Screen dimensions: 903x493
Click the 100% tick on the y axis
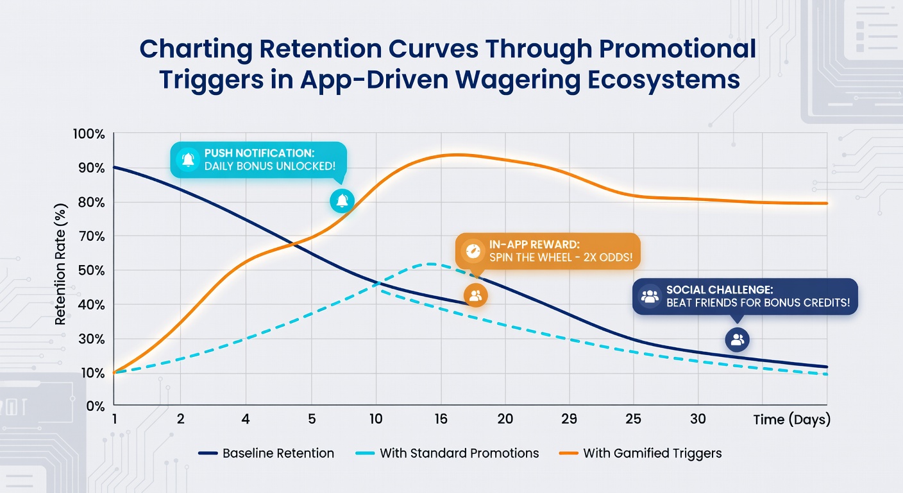(x=89, y=134)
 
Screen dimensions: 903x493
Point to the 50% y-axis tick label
(x=92, y=270)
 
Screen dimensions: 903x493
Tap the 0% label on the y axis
(x=95, y=406)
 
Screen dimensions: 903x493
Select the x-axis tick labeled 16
(x=441, y=419)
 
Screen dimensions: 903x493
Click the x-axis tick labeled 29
(x=570, y=419)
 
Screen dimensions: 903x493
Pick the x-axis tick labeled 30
(x=698, y=419)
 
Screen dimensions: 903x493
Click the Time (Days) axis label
(x=792, y=420)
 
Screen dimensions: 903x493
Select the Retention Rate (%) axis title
(x=60, y=264)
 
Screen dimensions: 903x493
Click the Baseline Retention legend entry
(x=266, y=453)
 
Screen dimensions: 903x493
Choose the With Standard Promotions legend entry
(x=447, y=453)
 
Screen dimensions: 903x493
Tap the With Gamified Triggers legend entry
(x=640, y=453)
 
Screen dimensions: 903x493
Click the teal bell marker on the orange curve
(x=342, y=200)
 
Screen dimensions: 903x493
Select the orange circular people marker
(x=476, y=295)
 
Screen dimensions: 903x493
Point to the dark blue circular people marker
(x=738, y=340)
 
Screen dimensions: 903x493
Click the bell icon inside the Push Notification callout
(x=188, y=159)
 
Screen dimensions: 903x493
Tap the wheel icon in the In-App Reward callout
(x=473, y=251)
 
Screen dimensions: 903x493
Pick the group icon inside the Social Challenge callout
(x=650, y=296)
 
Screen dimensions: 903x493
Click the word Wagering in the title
(x=517, y=80)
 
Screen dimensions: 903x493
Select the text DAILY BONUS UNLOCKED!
(x=270, y=166)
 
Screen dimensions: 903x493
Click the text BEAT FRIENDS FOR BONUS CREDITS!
(x=758, y=302)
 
